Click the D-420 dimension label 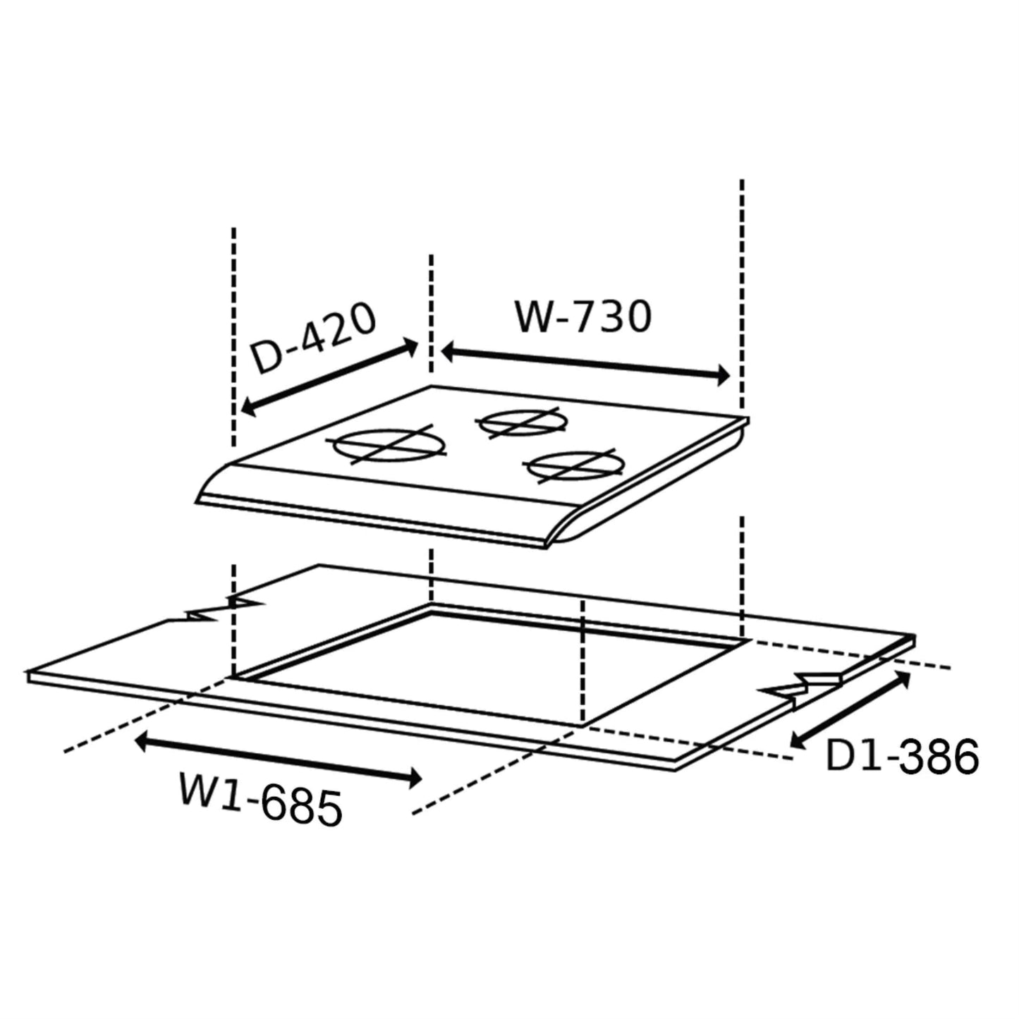313,338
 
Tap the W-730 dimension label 582,317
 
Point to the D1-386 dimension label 902,757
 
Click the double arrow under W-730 585,364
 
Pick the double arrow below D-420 329,377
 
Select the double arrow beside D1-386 850,709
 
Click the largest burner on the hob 386,444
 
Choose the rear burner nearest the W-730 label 521,423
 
